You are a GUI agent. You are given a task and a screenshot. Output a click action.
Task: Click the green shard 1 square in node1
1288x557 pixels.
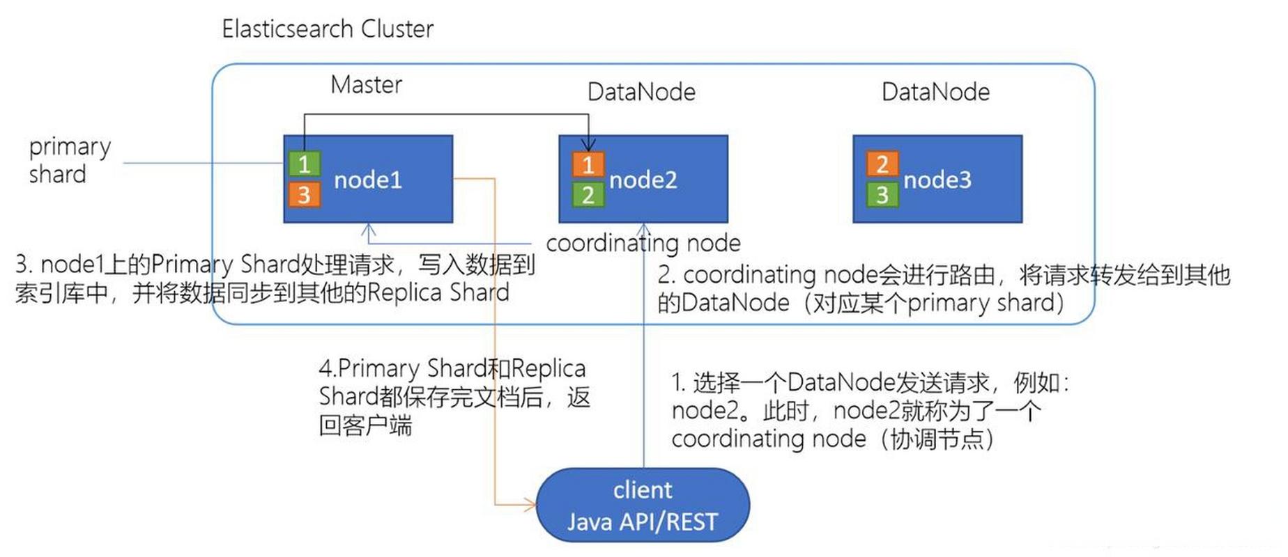point(305,164)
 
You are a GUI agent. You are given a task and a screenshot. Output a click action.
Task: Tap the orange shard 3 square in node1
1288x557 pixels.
point(305,194)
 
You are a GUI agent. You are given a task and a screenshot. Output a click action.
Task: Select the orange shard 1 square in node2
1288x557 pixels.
point(588,165)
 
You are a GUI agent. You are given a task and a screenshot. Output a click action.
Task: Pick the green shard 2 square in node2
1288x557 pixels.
point(588,195)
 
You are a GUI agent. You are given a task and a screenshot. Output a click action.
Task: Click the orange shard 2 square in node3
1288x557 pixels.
point(882,164)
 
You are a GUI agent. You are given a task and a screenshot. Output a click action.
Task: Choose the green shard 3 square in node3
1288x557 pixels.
point(882,194)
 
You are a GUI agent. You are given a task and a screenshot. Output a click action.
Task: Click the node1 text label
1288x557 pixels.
point(368,180)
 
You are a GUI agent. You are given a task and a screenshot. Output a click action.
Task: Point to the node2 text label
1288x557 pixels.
point(643,180)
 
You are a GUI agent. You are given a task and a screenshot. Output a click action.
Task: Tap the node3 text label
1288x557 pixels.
point(937,180)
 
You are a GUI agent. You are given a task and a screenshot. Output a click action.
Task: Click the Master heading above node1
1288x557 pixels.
point(366,85)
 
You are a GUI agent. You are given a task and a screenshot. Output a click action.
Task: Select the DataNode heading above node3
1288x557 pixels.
point(935,92)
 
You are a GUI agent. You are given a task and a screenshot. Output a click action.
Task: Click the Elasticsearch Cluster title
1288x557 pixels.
point(328,29)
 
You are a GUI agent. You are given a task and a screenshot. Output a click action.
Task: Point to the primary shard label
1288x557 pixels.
point(68,160)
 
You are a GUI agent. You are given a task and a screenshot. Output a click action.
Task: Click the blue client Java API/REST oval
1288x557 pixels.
point(643,505)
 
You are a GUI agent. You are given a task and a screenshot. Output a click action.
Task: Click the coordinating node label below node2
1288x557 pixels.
point(643,243)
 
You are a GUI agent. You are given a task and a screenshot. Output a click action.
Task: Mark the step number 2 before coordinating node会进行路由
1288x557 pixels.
point(665,275)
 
